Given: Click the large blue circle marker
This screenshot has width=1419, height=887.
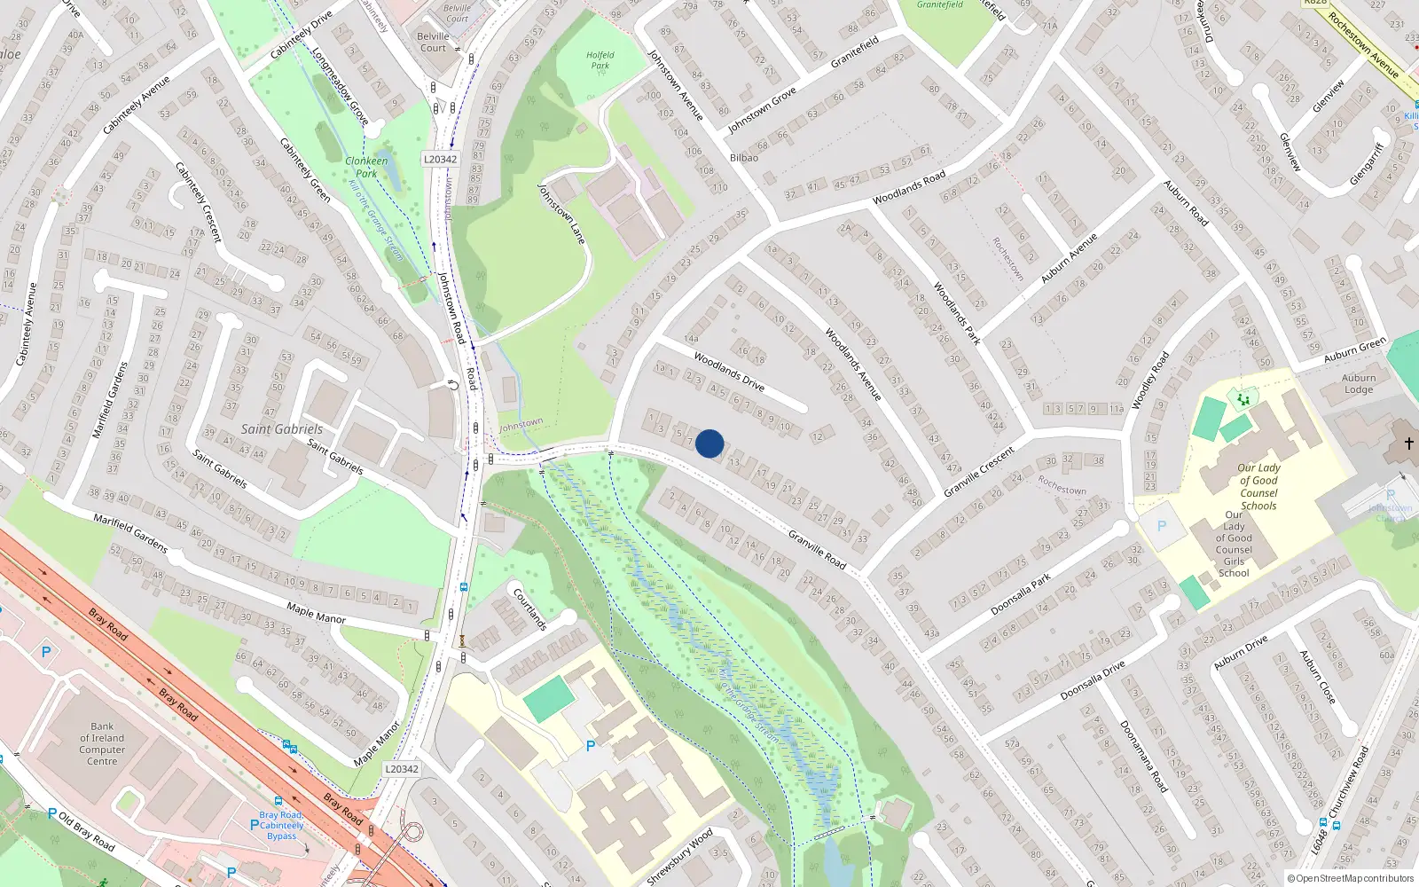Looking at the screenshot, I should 709,443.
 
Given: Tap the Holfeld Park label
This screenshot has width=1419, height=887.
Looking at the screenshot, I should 600,60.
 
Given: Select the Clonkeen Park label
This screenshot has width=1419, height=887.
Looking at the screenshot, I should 366,167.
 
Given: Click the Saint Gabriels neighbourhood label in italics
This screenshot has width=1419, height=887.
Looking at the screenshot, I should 282,429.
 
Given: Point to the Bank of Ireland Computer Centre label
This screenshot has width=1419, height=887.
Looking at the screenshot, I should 102,743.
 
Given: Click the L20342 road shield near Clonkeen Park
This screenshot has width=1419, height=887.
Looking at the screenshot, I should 440,160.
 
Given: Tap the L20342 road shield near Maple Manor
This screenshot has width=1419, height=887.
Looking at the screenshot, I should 402,769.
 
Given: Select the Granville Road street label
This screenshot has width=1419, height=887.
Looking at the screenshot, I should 817,550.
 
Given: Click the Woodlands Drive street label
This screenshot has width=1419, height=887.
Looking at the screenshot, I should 728,372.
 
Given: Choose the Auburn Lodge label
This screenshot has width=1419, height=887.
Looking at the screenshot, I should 1358,384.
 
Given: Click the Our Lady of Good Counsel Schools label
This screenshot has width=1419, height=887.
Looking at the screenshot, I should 1258,487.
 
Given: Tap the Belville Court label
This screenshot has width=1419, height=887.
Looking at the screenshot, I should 433,43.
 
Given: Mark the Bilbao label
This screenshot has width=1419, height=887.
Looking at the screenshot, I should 743,158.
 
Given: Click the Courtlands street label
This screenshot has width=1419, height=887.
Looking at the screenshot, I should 529,608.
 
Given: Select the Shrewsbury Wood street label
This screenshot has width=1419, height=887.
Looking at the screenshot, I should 679,857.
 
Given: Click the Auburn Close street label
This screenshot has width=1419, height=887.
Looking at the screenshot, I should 1317,678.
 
